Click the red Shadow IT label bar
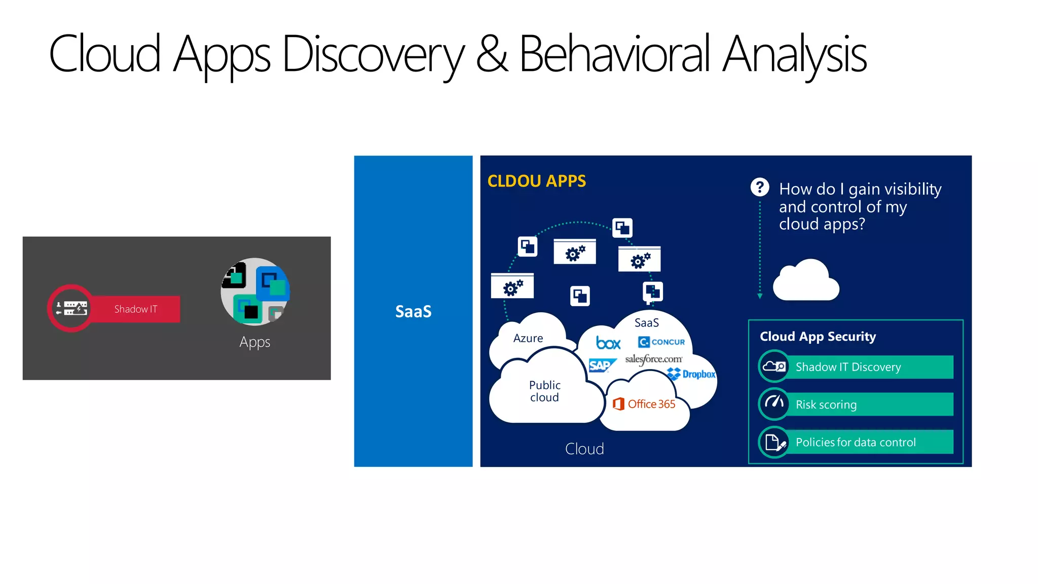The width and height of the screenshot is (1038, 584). [136, 309]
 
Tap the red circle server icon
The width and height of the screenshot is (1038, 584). [71, 308]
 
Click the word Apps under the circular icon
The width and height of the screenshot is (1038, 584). [254, 342]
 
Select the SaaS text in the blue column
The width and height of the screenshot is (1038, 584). [413, 311]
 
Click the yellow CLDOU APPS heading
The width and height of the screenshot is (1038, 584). [536, 181]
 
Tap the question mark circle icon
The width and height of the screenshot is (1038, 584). [759, 188]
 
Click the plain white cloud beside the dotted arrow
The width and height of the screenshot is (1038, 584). [806, 281]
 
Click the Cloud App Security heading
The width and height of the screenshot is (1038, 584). [818, 337]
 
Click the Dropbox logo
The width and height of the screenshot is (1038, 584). [692, 374]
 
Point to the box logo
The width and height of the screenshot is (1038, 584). [608, 343]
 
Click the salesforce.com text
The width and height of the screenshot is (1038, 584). [653, 359]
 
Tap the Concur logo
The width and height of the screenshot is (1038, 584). [661, 342]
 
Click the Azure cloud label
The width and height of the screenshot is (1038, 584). [528, 338]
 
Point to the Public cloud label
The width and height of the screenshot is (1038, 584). [544, 391]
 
